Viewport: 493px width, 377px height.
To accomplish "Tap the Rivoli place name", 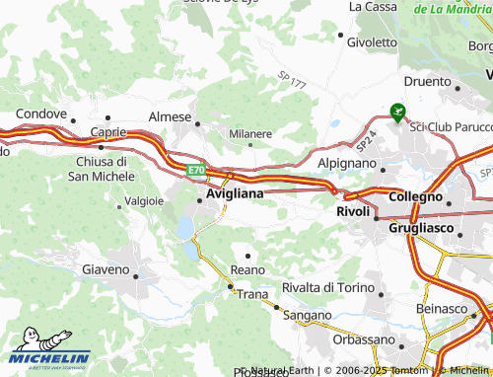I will (352, 211).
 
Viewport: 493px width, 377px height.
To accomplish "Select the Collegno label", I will (415, 196).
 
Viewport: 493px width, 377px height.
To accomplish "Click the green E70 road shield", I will (197, 170).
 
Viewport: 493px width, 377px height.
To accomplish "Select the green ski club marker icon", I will (397, 113).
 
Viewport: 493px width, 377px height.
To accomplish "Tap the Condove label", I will (40, 113).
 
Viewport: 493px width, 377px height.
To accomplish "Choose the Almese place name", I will (169, 116).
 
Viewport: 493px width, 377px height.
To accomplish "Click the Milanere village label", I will (250, 133).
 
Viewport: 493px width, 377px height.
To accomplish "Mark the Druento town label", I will (427, 83).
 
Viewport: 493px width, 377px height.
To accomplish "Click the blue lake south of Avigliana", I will (185, 229).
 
